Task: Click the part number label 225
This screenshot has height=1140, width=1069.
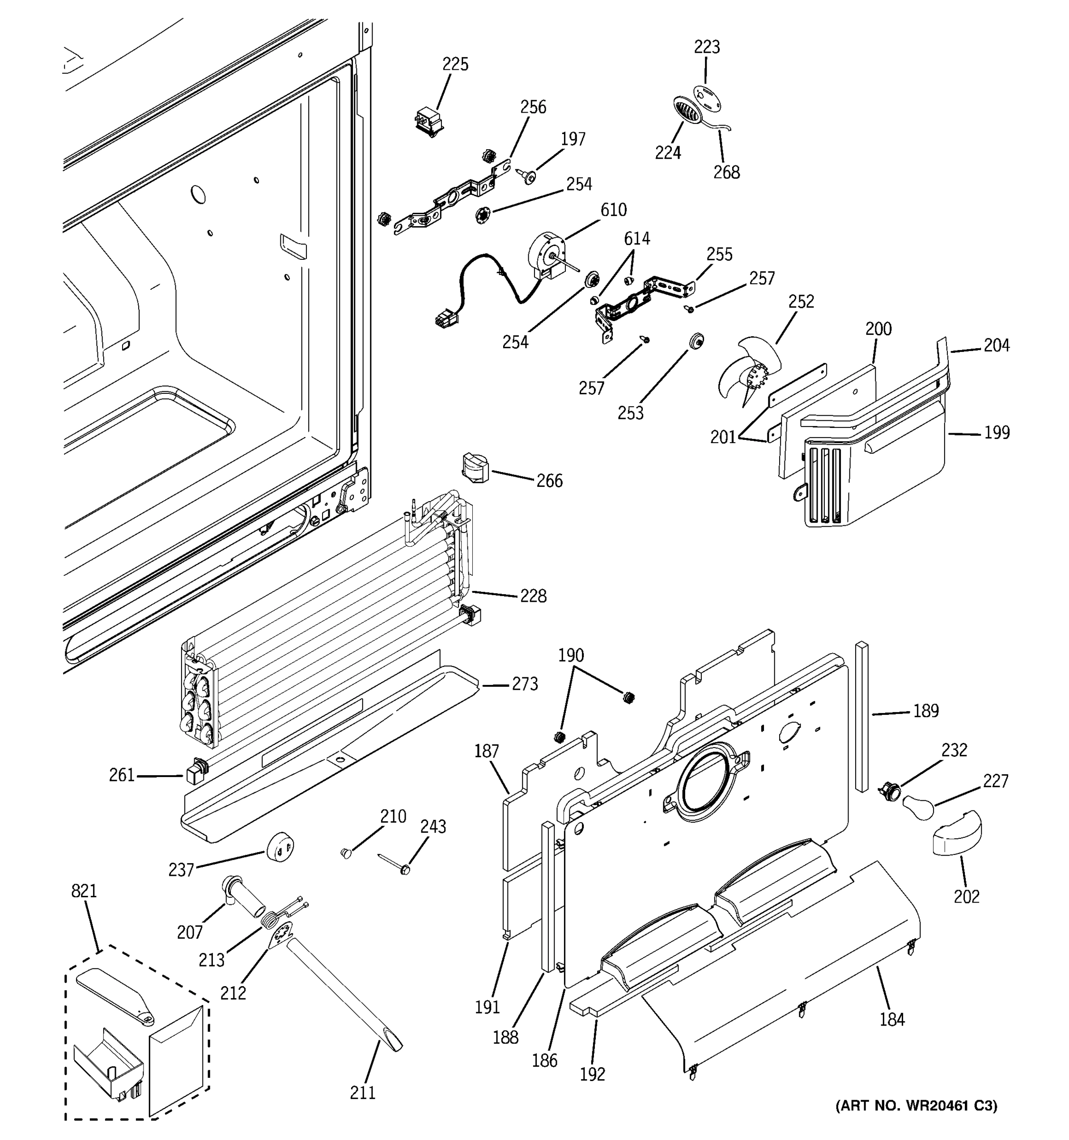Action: (455, 64)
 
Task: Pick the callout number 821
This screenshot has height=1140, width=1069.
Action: (84, 891)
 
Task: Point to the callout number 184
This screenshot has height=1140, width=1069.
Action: (892, 1019)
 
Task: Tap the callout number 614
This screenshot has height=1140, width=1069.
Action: (637, 238)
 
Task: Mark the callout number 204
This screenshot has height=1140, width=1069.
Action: (997, 345)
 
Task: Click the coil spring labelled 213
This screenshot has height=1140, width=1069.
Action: (268, 921)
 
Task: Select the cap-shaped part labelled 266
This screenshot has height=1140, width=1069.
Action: (474, 467)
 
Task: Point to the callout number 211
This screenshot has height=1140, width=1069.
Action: (363, 1093)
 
